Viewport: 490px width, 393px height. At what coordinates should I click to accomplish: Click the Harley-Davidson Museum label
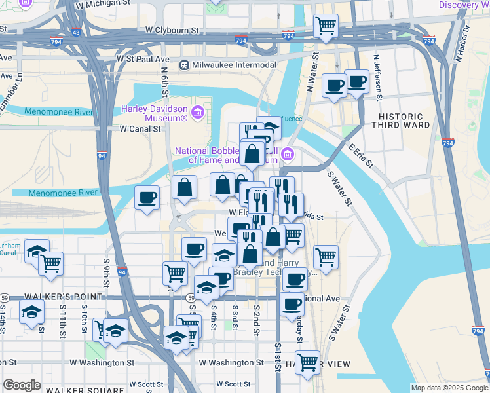[154, 113]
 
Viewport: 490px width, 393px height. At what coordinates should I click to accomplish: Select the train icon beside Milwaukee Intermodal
[185, 65]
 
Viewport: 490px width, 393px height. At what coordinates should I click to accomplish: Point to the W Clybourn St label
[172, 30]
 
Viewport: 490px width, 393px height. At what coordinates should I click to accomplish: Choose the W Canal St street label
[140, 129]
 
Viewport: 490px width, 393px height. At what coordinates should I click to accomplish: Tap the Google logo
[22, 385]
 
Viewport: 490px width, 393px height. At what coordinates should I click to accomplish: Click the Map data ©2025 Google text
[449, 388]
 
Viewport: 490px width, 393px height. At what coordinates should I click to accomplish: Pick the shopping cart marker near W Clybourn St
[326, 27]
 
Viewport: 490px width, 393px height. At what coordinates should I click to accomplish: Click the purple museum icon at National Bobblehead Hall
[288, 155]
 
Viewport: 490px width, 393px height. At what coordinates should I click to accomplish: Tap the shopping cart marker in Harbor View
[307, 362]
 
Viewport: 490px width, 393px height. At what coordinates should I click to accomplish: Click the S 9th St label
[106, 269]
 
